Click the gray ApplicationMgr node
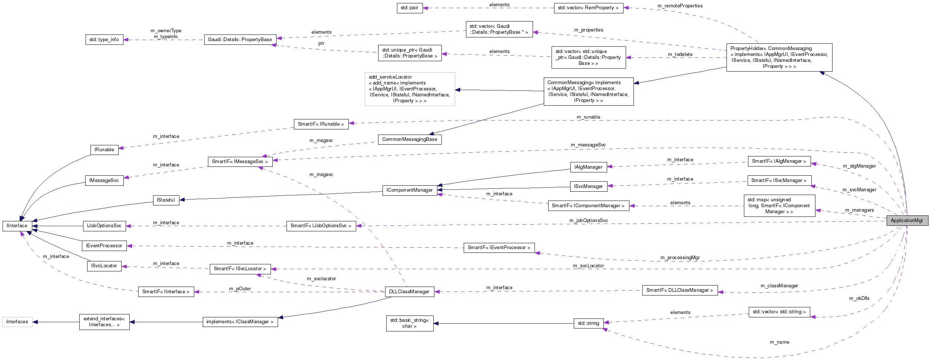tap(907, 221)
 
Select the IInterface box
tap(17, 226)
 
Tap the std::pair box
tap(409, 8)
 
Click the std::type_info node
tap(104, 40)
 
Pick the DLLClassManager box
tap(409, 292)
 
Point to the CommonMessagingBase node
tap(410, 139)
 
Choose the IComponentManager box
tap(410, 190)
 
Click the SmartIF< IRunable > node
tap(321, 124)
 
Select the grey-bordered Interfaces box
tap(17, 322)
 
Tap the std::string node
tap(588, 323)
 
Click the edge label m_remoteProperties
tap(680, 6)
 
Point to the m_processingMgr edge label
tap(680, 257)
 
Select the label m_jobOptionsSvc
tap(589, 221)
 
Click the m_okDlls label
tap(859, 298)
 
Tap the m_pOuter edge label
tap(240, 289)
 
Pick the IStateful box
tap(166, 200)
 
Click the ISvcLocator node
tap(104, 266)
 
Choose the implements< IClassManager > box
tap(240, 322)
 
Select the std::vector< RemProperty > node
tap(588, 8)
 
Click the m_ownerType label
tap(166, 31)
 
